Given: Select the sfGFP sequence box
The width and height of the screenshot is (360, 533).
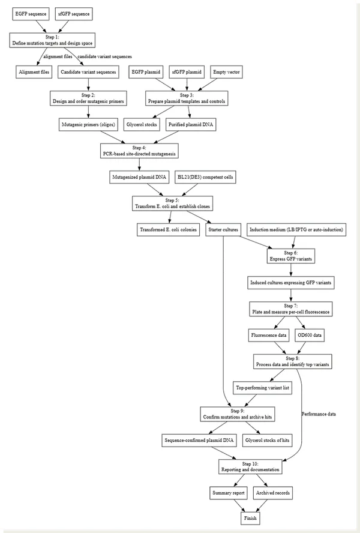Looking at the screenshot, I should tap(74, 12).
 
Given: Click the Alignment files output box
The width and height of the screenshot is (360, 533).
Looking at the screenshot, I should tap(34, 71).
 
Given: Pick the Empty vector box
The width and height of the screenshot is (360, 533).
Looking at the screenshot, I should tap(227, 71).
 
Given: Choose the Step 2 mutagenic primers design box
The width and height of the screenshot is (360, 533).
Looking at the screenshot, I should tap(88, 98).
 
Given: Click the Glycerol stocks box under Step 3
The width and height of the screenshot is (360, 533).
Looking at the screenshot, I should tap(142, 125).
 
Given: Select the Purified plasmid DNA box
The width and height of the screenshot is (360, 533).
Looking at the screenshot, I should tap(189, 125).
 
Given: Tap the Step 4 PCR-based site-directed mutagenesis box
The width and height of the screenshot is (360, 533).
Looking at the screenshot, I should tap(139, 151).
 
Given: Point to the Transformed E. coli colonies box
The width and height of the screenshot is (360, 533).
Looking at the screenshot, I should tap(168, 230).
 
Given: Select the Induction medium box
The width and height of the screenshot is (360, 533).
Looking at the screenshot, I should tap(296, 230).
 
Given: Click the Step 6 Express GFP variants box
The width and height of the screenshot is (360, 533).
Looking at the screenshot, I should tap(290, 256).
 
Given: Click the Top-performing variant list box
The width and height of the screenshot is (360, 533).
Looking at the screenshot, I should tap(263, 388).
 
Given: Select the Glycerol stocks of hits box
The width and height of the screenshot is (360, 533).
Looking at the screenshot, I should tap(268, 441).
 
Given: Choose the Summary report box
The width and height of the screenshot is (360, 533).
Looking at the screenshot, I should tap(227, 493).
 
